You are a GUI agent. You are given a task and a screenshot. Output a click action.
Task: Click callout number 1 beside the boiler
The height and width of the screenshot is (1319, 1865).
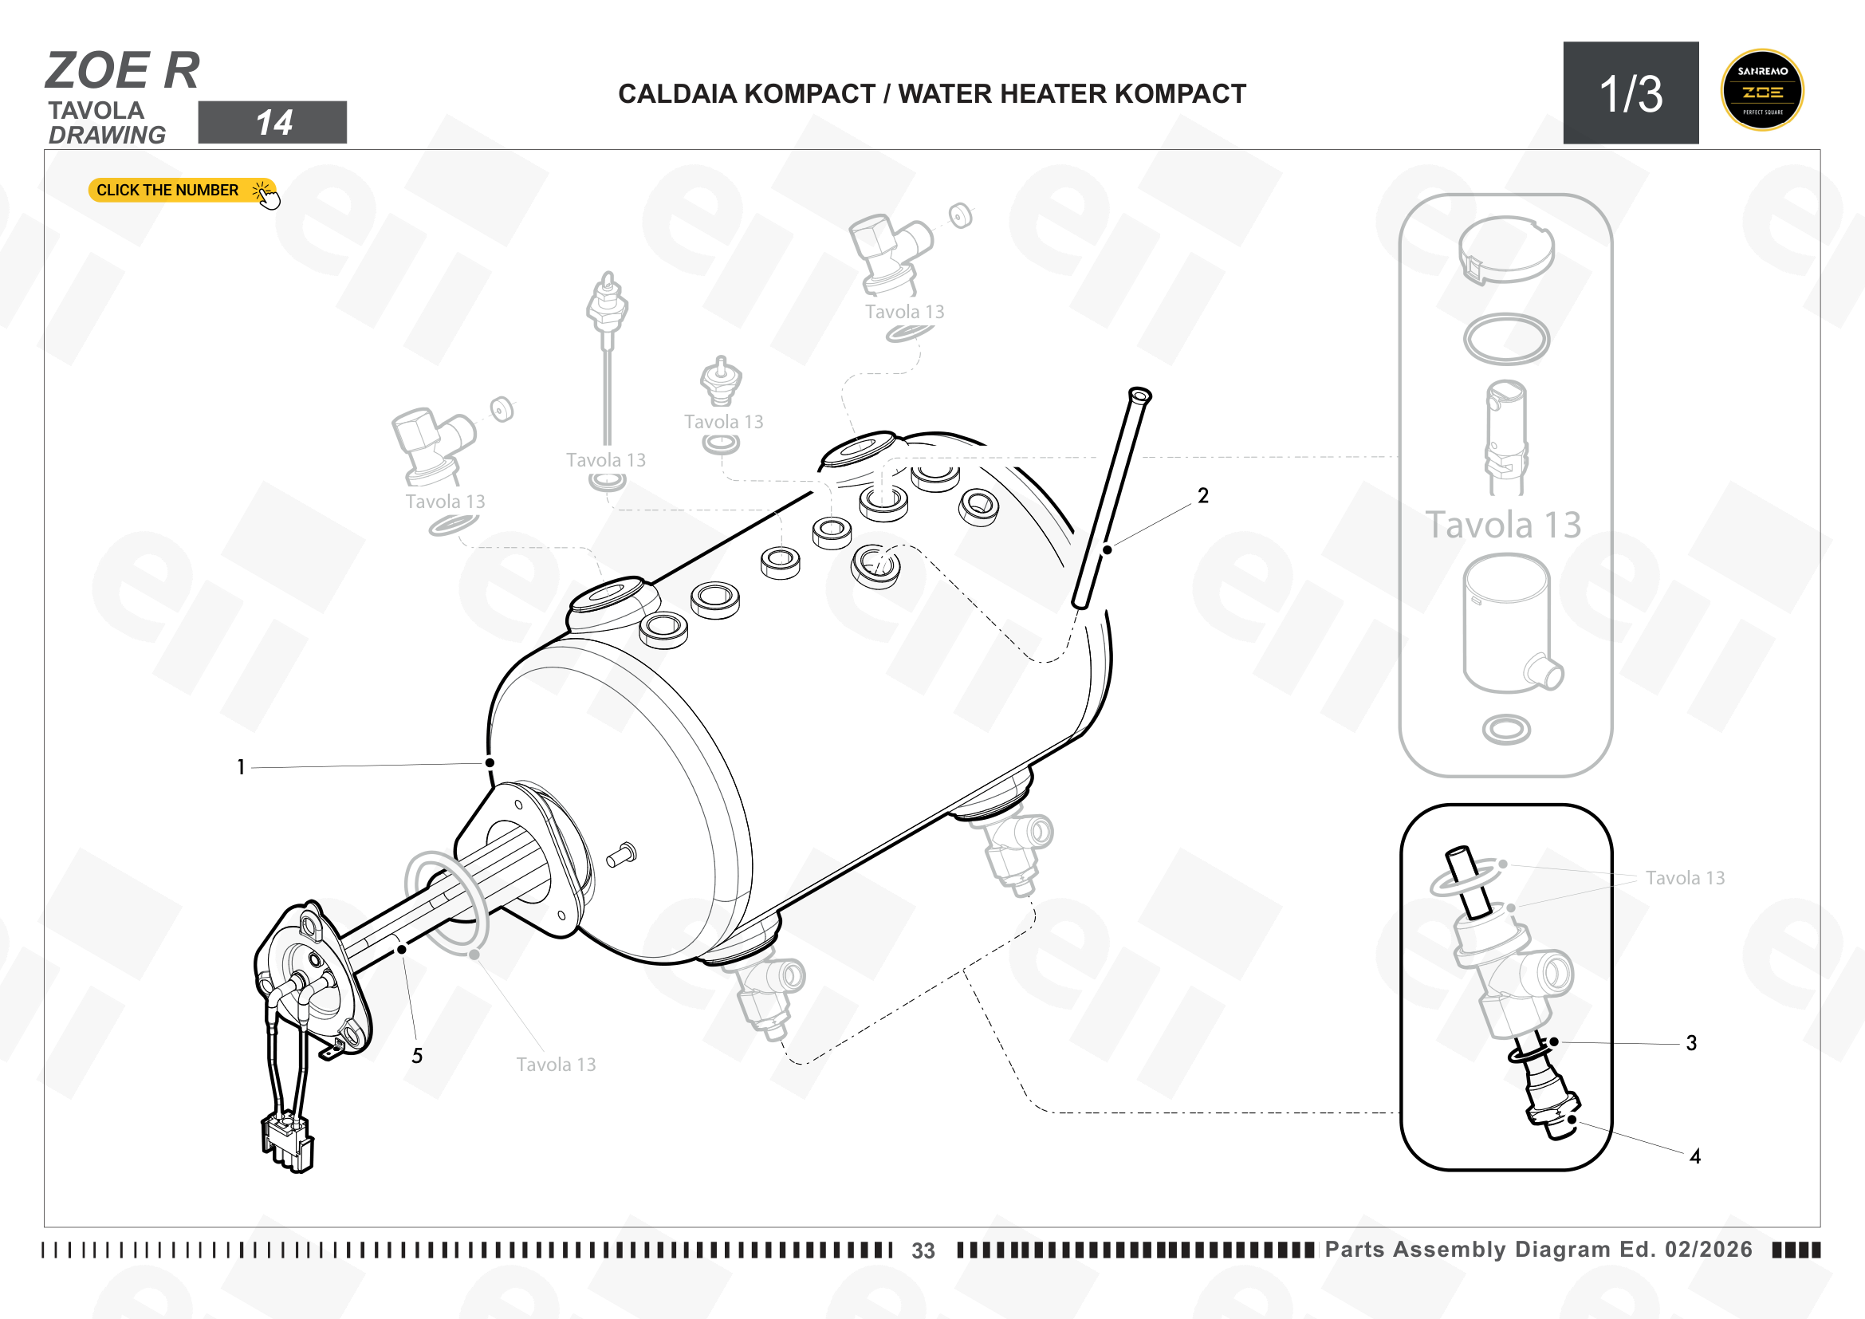[242, 766]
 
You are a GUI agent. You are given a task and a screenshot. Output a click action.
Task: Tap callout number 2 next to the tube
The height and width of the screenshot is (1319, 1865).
[1203, 495]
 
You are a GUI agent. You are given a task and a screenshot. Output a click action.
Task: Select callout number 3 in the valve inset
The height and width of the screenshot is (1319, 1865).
[1691, 1043]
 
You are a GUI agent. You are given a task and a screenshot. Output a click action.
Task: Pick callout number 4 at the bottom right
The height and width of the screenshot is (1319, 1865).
[1695, 1156]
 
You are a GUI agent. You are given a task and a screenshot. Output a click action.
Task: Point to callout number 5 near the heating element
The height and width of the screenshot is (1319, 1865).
[417, 1056]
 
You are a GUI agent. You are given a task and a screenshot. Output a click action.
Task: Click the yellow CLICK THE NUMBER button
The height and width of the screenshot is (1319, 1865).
[181, 190]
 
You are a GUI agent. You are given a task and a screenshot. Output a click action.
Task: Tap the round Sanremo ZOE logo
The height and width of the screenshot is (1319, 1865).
[1762, 90]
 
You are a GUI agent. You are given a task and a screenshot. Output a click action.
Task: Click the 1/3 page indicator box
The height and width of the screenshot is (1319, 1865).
[1631, 93]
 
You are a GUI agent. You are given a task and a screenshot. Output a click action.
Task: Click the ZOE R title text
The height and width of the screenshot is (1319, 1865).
[123, 70]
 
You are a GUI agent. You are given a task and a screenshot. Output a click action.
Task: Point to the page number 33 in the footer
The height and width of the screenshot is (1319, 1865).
[923, 1250]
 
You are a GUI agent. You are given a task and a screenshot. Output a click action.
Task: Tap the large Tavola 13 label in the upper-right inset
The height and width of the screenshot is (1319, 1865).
[1504, 525]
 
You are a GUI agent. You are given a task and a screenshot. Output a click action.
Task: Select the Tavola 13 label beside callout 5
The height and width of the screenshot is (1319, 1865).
[557, 1065]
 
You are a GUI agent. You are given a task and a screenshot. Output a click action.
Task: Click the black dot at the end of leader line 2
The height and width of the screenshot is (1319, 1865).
[1108, 550]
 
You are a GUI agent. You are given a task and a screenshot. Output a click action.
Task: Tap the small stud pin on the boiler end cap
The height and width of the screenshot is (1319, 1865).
[622, 855]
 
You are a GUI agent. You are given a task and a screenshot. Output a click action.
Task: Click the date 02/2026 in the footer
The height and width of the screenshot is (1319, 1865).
[1709, 1249]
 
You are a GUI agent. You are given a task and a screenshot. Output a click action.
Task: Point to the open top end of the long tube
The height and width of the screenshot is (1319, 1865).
[1139, 395]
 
